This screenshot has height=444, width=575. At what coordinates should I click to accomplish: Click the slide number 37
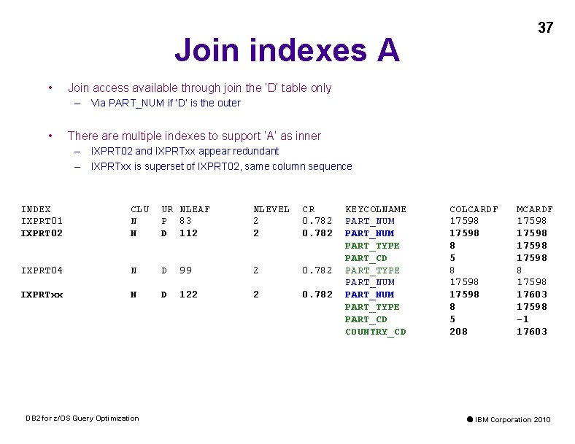[x=545, y=28]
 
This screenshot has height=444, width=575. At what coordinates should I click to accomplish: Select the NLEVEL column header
[x=271, y=209]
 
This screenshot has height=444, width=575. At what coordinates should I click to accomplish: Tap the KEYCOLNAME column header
[x=375, y=209]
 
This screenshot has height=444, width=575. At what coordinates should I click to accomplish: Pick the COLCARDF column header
[x=474, y=209]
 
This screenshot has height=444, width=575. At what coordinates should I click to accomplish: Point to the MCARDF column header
[x=535, y=209]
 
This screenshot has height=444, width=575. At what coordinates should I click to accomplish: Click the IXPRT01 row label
[x=42, y=221]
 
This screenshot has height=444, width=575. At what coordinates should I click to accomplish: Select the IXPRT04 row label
[x=42, y=270]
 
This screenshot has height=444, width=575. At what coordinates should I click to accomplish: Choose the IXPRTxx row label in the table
[x=42, y=295]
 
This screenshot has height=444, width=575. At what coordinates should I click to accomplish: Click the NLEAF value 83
[x=185, y=221]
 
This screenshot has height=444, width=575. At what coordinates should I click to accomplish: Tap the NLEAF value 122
[x=188, y=295]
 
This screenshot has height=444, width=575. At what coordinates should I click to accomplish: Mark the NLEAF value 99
[x=185, y=270]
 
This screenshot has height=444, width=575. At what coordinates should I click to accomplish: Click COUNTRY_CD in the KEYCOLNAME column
[x=375, y=332]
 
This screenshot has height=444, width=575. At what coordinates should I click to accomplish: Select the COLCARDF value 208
[x=458, y=332]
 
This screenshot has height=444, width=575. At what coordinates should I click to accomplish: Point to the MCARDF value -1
[x=522, y=319]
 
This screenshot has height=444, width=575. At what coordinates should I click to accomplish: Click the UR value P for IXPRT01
[x=164, y=221]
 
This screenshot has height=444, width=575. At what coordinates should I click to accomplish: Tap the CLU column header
[x=139, y=209]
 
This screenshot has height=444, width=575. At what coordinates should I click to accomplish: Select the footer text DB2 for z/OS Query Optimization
[x=82, y=418]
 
